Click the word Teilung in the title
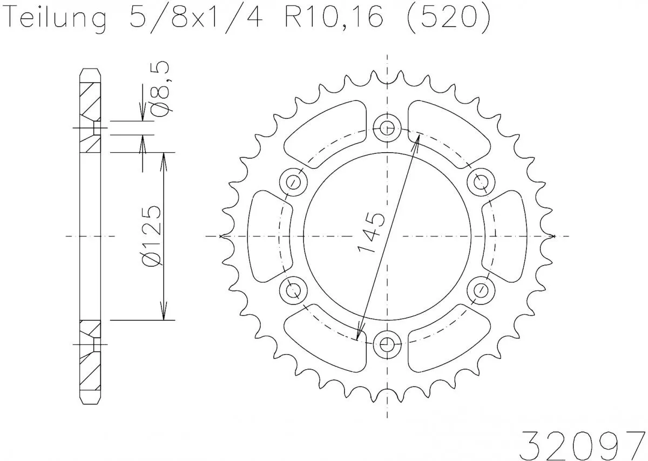pos(55,19)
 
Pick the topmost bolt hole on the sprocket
pos(387,128)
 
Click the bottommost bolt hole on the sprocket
pos(387,344)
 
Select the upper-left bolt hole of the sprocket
pos(294,181)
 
